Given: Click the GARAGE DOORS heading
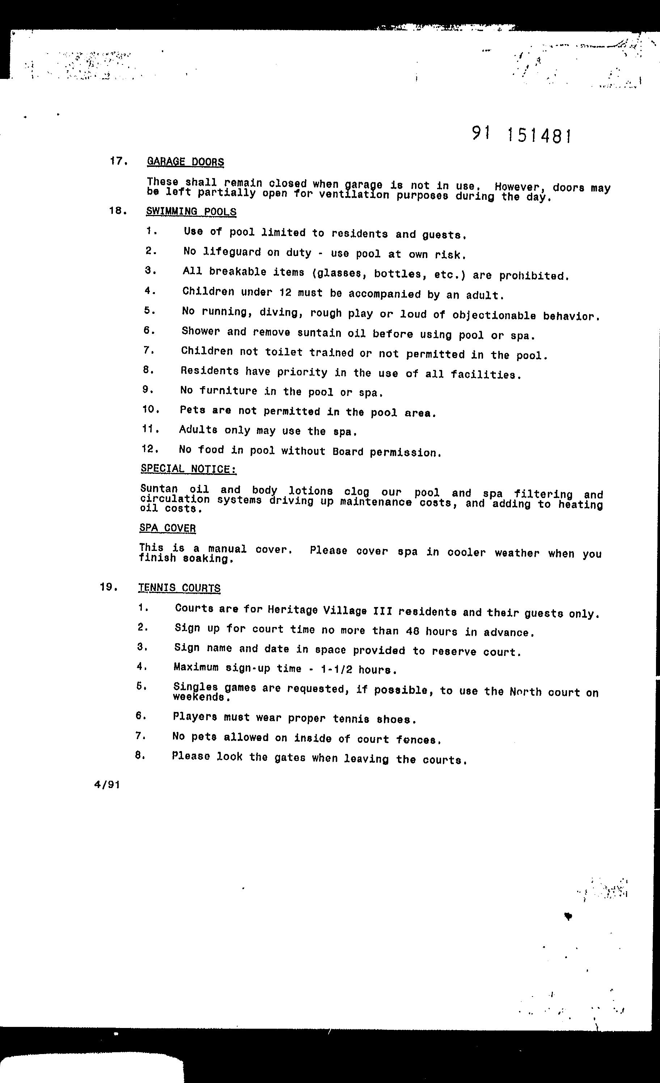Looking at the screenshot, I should pos(185,162).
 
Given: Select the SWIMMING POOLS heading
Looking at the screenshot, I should pos(191,211).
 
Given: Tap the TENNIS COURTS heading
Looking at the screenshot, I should pos(179,588).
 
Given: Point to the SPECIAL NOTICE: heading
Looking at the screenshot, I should pos(189,469).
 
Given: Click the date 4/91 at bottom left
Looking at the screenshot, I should pos(107,785).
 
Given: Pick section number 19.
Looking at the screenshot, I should pos(109,587).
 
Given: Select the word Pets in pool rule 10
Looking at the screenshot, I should pos(192,410).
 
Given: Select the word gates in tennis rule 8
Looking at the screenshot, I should pos(289,758).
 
